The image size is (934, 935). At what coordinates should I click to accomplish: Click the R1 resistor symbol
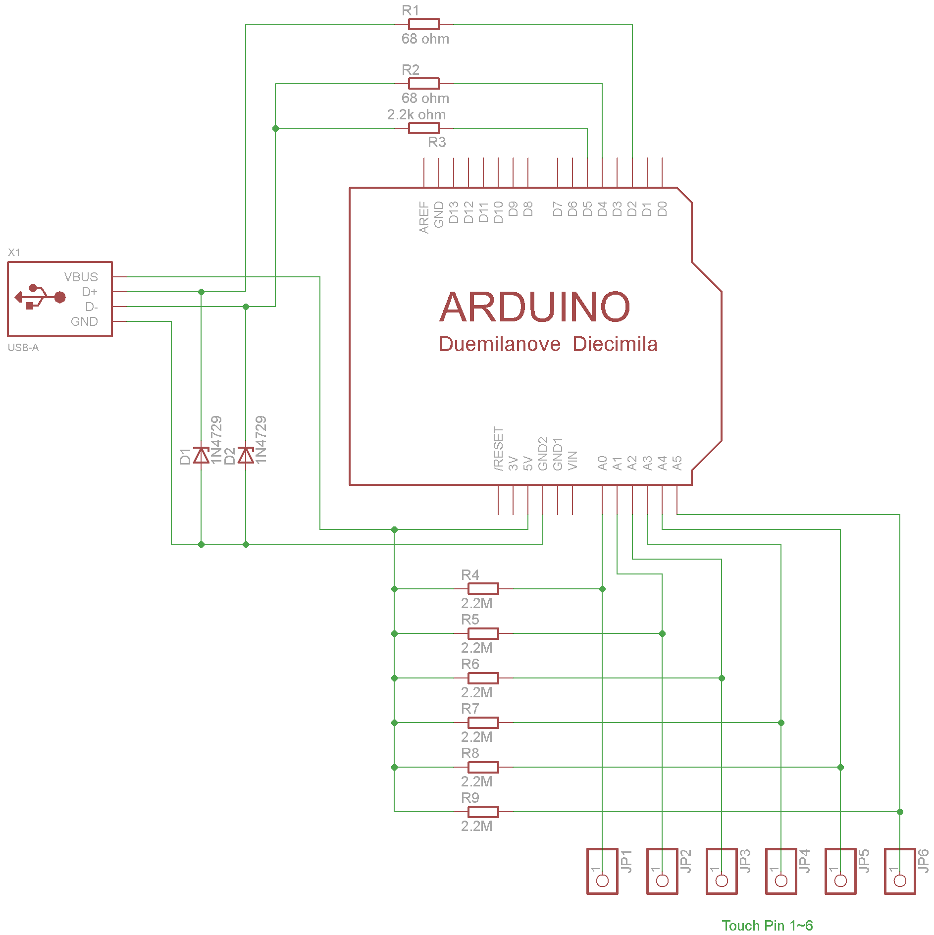point(424,24)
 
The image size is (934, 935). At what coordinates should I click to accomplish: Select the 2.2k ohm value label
point(416,114)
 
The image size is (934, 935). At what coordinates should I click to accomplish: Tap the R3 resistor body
point(424,128)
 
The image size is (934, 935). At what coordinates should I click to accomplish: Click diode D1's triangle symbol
point(201,455)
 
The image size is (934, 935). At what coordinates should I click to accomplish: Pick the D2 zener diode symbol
point(246,455)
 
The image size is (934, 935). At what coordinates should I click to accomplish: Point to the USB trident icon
point(40,297)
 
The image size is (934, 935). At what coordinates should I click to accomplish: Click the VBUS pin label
point(81,277)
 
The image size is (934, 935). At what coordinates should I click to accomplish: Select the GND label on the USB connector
point(84,321)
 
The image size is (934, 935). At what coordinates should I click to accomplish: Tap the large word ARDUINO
point(535,307)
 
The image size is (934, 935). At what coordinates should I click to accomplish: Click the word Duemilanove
point(500,344)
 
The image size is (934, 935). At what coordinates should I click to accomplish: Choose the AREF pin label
point(424,217)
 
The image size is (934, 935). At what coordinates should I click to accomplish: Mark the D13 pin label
point(454,212)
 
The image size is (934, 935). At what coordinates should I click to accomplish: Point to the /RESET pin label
point(498,449)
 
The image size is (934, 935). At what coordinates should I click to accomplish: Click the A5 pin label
point(677,463)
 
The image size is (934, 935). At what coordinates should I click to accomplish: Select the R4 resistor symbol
point(483,589)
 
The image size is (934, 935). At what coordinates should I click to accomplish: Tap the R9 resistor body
point(483,812)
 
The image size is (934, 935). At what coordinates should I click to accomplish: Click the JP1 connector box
point(602,871)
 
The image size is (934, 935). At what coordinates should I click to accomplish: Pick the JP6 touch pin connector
point(900,871)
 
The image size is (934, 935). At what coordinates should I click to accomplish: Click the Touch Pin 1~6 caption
point(767,925)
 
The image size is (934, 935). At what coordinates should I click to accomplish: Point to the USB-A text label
point(23,348)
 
